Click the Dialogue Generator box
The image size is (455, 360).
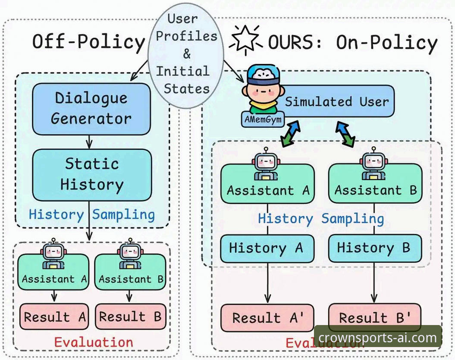coord(91,109)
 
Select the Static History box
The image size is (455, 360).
coord(92,175)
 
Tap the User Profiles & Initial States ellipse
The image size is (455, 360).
coord(186,55)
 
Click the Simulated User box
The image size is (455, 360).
coord(334,101)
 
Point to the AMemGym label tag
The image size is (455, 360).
coord(263,119)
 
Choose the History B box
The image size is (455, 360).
coord(375,248)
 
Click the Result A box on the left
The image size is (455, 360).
coord(54,316)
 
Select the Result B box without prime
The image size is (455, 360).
coord(131,316)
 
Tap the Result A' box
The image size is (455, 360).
coord(267,318)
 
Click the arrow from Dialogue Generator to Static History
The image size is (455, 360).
coord(89,142)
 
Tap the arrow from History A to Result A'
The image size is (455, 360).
coord(267,283)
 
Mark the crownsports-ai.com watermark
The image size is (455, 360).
coord(377,338)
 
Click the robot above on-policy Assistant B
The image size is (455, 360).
coord(374,164)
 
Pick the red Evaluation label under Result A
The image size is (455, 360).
coord(94,342)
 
